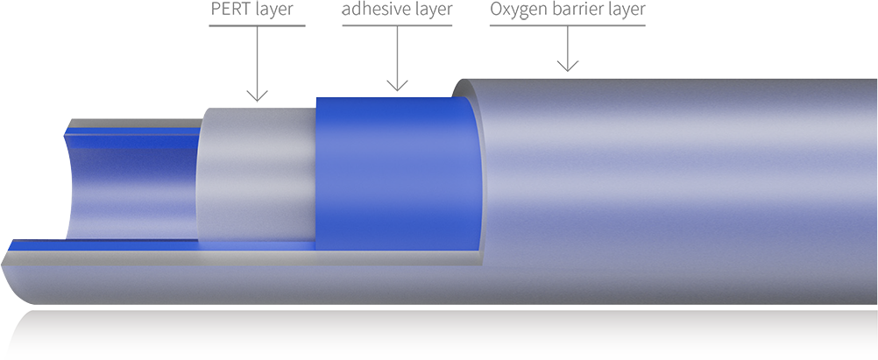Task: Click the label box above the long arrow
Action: (252, 9)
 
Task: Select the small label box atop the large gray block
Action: (397, 9)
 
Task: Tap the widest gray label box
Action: (568, 9)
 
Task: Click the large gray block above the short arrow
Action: (460, 51)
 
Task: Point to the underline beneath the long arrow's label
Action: (257, 25)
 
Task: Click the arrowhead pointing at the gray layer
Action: (257, 95)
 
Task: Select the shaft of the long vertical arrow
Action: (257, 57)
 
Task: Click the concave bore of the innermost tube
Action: (131, 188)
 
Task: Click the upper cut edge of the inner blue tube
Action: (131, 131)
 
